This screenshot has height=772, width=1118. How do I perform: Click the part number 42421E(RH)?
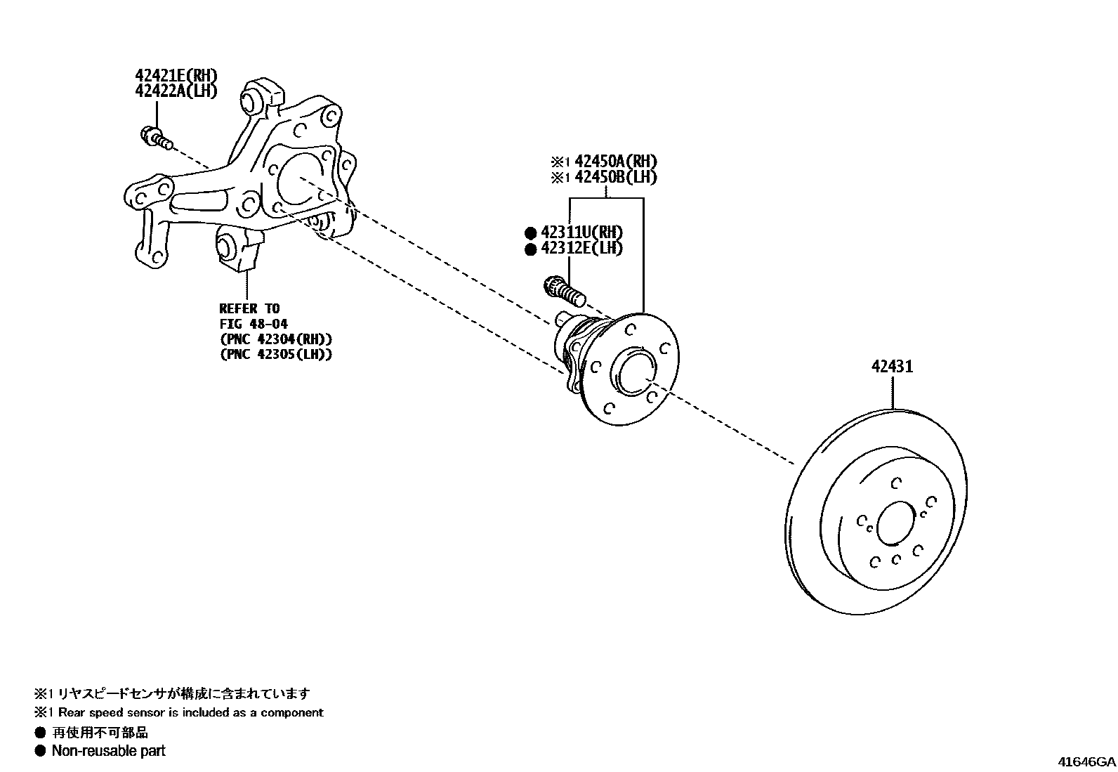176,75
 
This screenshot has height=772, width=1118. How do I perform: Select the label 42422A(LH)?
176,91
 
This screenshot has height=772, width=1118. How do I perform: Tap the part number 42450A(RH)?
616,162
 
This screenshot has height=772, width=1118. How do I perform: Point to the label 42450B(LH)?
616,177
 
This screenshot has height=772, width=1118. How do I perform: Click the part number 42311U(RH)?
581,233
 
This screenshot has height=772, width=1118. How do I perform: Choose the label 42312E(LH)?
581,248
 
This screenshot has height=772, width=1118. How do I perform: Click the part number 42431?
893,366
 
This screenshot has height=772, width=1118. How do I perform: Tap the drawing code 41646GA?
1086,762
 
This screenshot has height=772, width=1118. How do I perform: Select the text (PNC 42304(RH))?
275,339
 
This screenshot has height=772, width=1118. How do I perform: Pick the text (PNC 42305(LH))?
275,354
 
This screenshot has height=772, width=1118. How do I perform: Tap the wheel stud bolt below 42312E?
564,292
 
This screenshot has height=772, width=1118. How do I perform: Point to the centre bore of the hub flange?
631,372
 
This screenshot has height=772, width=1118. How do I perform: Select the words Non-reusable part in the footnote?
108,751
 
